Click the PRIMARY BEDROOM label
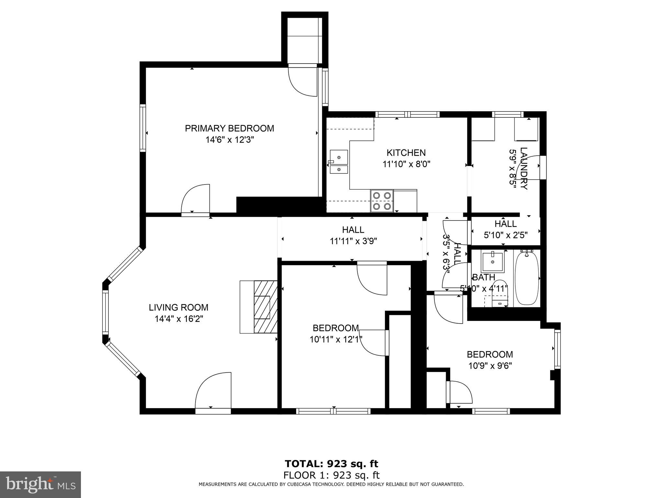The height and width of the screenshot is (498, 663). coord(229,128)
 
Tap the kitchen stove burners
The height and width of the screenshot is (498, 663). coord(382,201)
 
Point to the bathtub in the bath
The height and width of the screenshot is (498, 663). coord(527,278)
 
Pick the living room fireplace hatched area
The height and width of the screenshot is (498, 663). coord(265,307)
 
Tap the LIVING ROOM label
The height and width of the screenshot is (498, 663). coord(178,307)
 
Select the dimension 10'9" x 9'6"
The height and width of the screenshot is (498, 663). coord(490,366)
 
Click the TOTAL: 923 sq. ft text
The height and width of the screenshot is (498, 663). coord(331,464)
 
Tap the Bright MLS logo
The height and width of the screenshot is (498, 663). coord(40,484)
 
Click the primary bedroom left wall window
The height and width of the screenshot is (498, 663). coord(142,128)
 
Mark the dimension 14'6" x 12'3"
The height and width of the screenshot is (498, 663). coord(229,140)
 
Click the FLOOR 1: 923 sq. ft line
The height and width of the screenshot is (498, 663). coord(331,476)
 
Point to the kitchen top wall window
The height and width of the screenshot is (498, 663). coord(407,114)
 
